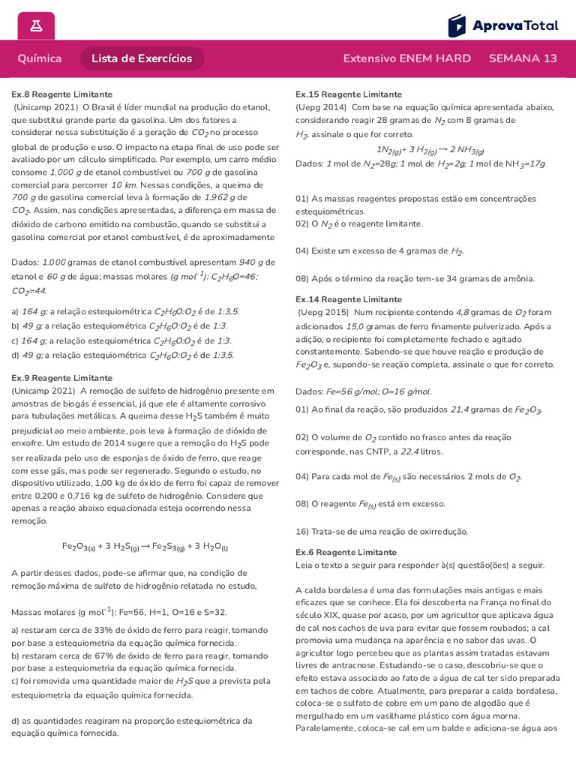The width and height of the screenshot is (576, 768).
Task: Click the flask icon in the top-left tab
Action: pyautogui.click(x=36, y=25)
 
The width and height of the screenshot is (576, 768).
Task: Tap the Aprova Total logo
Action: pyautogui.click(x=503, y=25)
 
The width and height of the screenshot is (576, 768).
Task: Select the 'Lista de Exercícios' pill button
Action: pyautogui.click(x=142, y=58)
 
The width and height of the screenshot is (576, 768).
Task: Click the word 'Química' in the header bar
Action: pyautogui.click(x=40, y=58)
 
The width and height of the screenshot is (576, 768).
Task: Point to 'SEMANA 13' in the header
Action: pyautogui.click(x=523, y=58)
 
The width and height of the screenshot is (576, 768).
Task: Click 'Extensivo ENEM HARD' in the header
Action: pyautogui.click(x=406, y=58)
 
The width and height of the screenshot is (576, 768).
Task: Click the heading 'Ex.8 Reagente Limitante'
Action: pyautogui.click(x=61, y=94)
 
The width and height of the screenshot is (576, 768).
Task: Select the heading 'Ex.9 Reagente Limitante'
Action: pyautogui.click(x=61, y=378)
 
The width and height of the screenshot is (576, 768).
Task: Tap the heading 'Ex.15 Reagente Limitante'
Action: pyautogui.click(x=349, y=94)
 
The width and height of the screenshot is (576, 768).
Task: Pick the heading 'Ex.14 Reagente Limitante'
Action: pyautogui.click(x=349, y=299)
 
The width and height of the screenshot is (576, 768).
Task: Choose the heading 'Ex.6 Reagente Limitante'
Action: pyautogui.click(x=346, y=552)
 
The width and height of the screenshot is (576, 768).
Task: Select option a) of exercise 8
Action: pyautogui.click(x=125, y=311)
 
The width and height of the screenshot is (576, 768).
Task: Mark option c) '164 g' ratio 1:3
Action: pyautogui.click(x=121, y=340)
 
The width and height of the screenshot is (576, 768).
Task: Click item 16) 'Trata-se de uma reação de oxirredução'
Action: pyautogui.click(x=381, y=531)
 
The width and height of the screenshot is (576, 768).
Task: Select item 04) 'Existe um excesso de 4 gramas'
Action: pyautogui.click(x=379, y=251)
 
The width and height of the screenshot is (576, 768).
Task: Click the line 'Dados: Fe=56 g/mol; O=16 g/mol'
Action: pyautogui.click(x=364, y=391)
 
